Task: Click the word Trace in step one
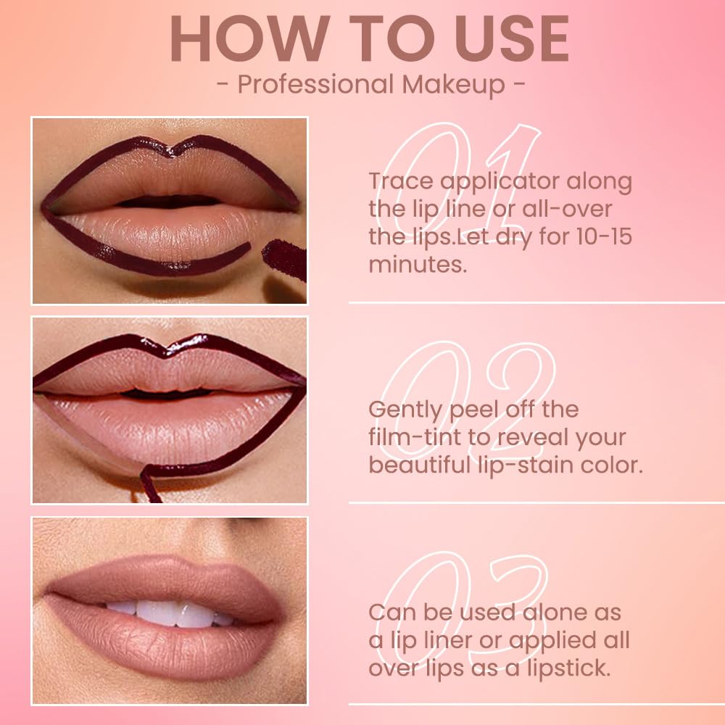401,181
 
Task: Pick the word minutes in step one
416,264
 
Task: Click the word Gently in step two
405,410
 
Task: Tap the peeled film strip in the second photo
149,482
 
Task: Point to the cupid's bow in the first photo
168,150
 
